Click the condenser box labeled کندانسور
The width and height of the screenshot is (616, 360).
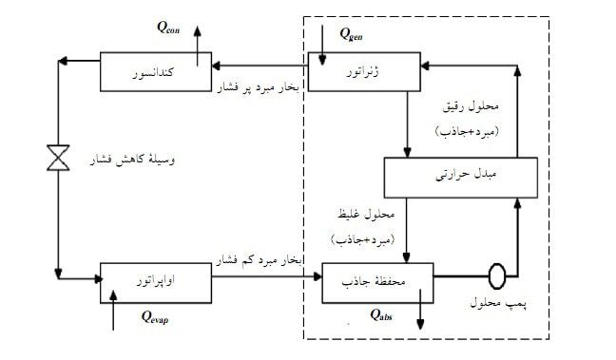pos(155,71)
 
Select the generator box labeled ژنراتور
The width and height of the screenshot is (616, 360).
pos(353,71)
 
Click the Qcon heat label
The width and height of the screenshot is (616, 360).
pos(176,27)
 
